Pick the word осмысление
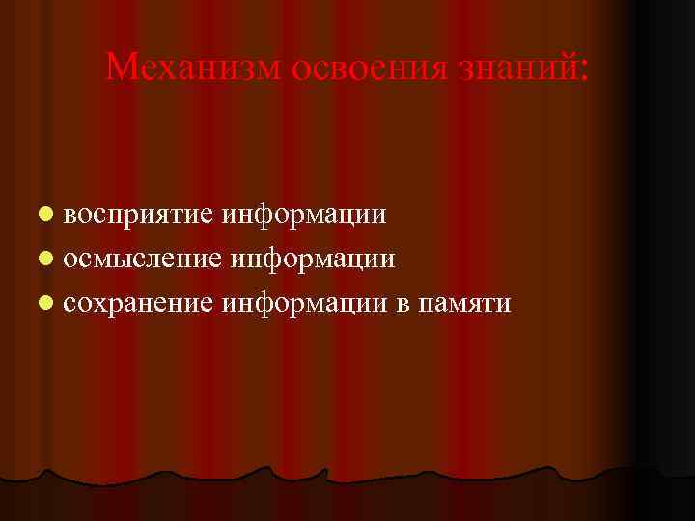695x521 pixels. [x=142, y=259]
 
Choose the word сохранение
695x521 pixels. [x=139, y=304]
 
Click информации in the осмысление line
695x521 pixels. [x=312, y=259]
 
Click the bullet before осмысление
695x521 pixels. [x=46, y=259]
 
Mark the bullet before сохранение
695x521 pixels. [x=46, y=304]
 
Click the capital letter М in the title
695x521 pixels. [x=121, y=67]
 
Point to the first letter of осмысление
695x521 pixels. [x=71, y=260]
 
